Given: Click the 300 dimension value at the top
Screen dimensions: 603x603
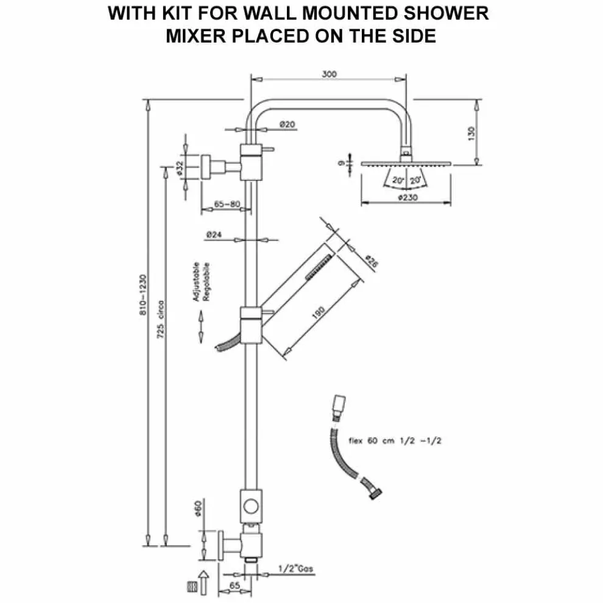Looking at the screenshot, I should pyautogui.click(x=330, y=74).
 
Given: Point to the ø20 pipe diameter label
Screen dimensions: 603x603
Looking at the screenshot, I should pyautogui.click(x=287, y=124).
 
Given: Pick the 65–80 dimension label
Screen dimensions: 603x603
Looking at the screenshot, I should pyautogui.click(x=227, y=205).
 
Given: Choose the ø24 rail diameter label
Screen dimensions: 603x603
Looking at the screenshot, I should pyautogui.click(x=213, y=234).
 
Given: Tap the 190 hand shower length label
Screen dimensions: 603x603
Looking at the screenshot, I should pyautogui.click(x=317, y=312).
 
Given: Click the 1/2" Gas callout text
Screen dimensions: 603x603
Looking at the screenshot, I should pyautogui.click(x=295, y=569).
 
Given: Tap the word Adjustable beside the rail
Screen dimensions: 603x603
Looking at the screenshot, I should pyautogui.click(x=196, y=282).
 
